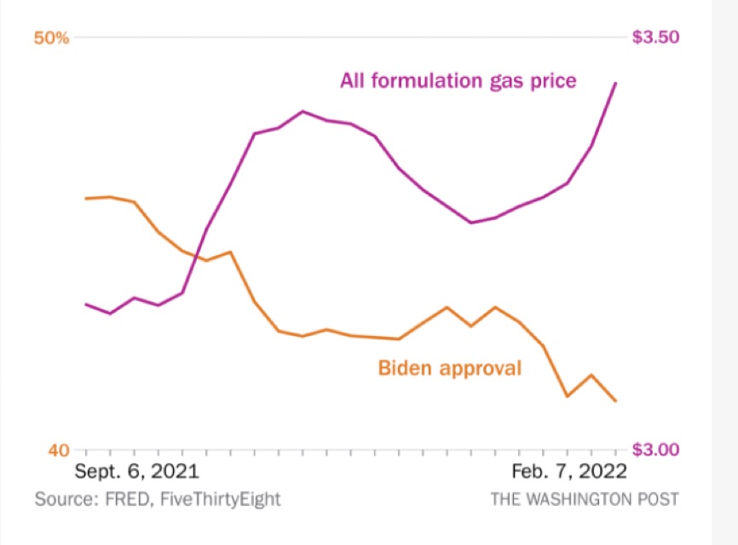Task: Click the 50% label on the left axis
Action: click(x=50, y=38)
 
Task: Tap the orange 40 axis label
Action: click(x=56, y=449)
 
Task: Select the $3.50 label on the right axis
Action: click(x=655, y=38)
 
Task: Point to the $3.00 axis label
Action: click(x=655, y=449)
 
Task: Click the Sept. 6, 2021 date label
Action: click(x=136, y=472)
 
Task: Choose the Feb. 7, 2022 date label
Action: click(x=568, y=472)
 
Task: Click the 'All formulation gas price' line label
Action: click(x=458, y=81)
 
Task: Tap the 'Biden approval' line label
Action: click(x=449, y=368)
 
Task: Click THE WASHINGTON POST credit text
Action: click(x=585, y=499)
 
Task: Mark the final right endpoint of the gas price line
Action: click(x=616, y=83)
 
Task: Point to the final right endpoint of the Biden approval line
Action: click(x=616, y=401)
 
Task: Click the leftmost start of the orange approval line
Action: click(x=86, y=199)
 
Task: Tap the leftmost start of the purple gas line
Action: click(x=86, y=304)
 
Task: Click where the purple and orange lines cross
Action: click(x=198, y=257)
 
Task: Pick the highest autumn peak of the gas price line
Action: click(x=303, y=111)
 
